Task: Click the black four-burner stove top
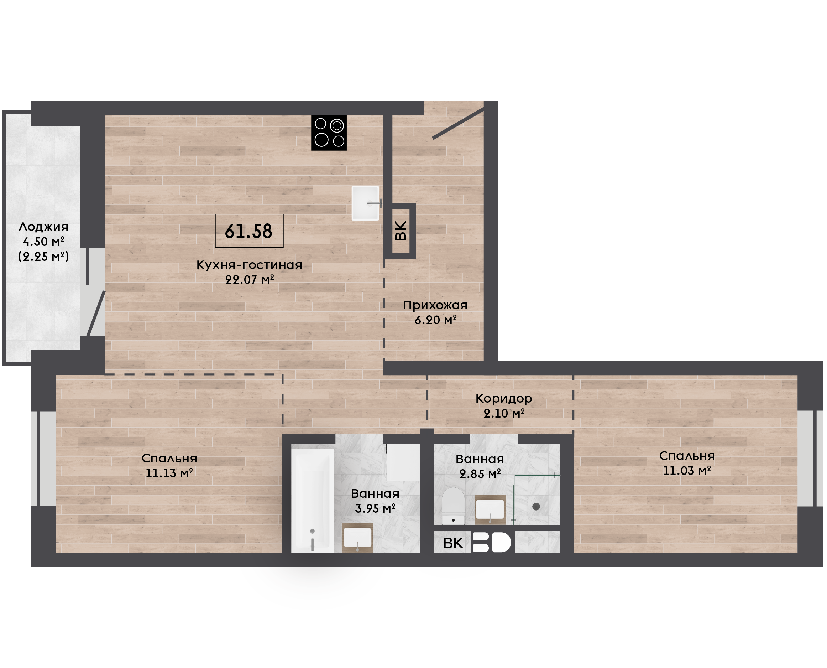pos(329,133)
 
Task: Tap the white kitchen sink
pos(365,203)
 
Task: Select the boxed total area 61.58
pos(249,231)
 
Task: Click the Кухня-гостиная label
pos(249,265)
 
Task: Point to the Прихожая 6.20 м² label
pos(435,312)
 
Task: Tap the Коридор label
pos(504,398)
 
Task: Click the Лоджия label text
pos(43,227)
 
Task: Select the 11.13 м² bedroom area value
pos(169,473)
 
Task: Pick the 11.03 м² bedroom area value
pos(687,470)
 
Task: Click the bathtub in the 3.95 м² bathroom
pos(313,501)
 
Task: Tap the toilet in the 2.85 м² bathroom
pos(453,506)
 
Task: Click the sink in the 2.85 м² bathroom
pos(490,510)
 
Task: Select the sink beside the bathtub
pos(357,538)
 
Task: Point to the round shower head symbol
pos(536,506)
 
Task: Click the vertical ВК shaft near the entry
pos(400,231)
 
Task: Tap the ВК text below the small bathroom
pos(453,543)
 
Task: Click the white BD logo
pos(492,543)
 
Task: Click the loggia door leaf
pos(96,314)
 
